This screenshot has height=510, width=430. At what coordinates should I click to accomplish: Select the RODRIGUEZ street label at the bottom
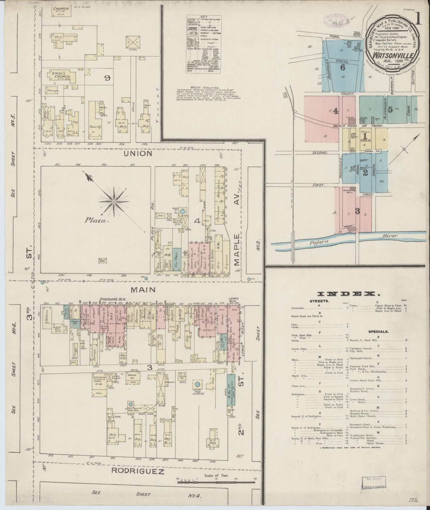point(138,471)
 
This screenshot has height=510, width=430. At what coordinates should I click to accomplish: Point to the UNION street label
point(138,154)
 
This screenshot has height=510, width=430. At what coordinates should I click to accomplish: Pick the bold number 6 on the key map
point(343,68)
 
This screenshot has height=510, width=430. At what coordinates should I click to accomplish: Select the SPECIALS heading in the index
point(378,331)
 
